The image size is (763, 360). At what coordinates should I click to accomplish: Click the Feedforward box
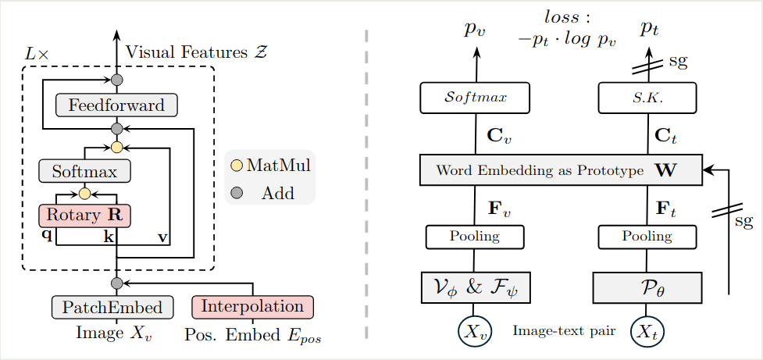click(116, 105)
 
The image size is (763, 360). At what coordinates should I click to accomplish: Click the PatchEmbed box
click(112, 307)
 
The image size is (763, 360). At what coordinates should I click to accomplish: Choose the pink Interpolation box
click(252, 307)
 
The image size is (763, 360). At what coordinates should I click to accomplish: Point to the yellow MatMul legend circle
click(237, 166)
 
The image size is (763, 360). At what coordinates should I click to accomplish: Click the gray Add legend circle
click(237, 193)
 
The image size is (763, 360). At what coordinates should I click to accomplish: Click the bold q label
click(47, 236)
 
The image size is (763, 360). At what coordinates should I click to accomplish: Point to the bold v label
click(162, 237)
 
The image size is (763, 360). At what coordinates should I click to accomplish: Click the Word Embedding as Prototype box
click(561, 170)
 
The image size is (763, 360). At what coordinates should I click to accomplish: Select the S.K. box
click(647, 98)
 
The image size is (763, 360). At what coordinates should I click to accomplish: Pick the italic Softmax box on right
click(475, 98)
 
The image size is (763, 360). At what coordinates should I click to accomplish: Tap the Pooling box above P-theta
click(647, 237)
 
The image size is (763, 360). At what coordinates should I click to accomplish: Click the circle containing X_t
click(646, 330)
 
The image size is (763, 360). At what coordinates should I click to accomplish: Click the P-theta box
click(647, 288)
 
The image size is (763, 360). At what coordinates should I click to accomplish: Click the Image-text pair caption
click(563, 331)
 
